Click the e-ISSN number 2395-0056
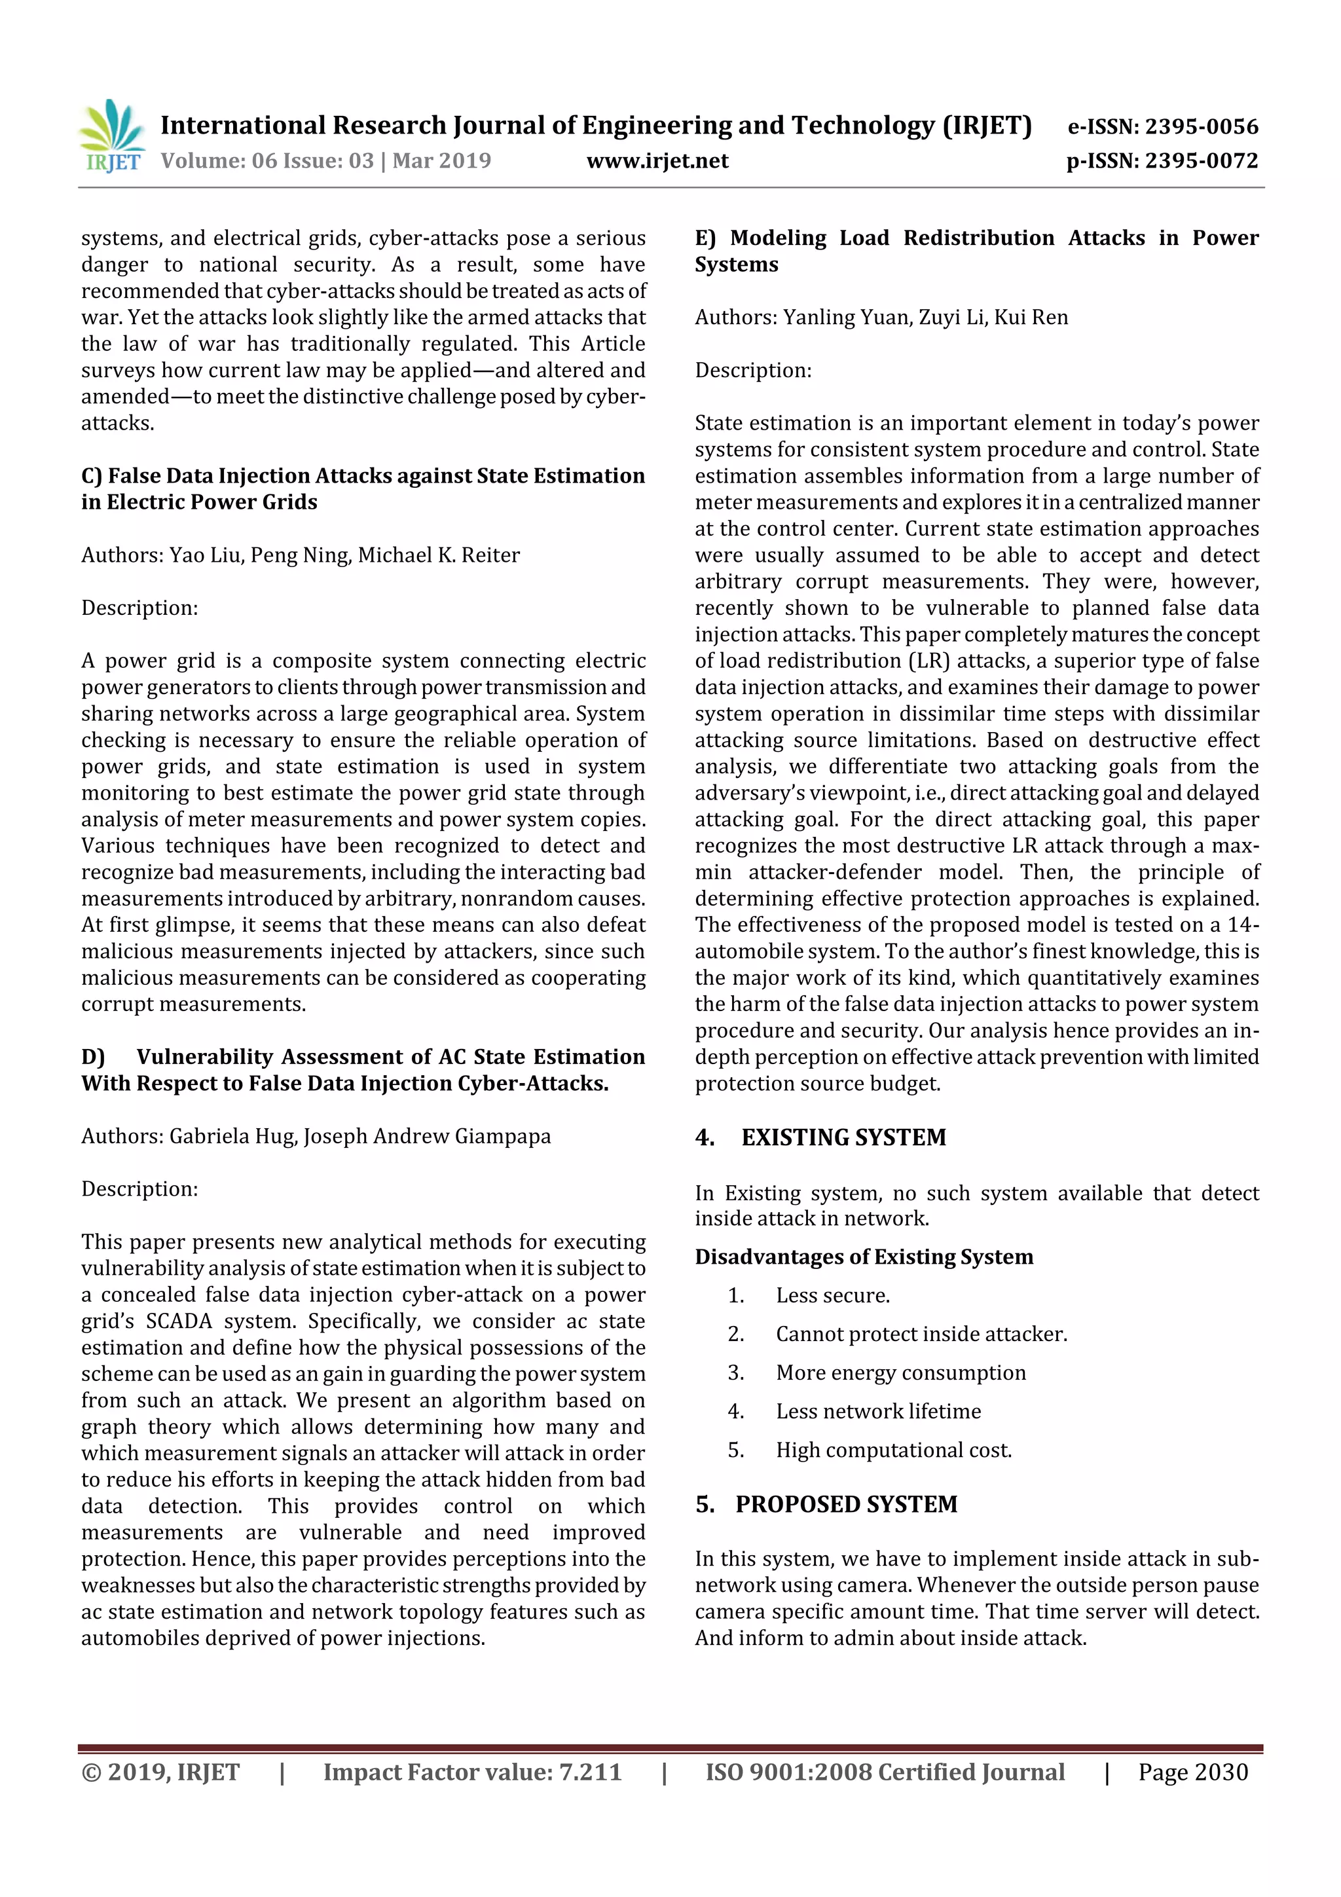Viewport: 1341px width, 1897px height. [x=1200, y=126]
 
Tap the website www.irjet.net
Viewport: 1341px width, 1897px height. [x=657, y=161]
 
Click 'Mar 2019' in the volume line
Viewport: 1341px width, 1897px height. [x=441, y=161]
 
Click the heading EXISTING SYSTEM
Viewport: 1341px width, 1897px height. [x=843, y=1137]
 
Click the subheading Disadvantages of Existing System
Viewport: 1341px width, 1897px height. [x=864, y=1257]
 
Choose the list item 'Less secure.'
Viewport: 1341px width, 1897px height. [x=832, y=1295]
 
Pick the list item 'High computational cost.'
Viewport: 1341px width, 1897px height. [x=893, y=1450]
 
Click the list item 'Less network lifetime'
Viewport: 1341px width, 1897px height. [x=877, y=1411]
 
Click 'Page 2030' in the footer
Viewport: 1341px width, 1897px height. [x=1192, y=1772]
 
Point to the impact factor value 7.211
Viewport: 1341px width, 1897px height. [x=590, y=1772]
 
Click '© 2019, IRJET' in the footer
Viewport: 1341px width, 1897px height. [x=160, y=1772]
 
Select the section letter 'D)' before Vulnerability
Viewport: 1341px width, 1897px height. [x=92, y=1057]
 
